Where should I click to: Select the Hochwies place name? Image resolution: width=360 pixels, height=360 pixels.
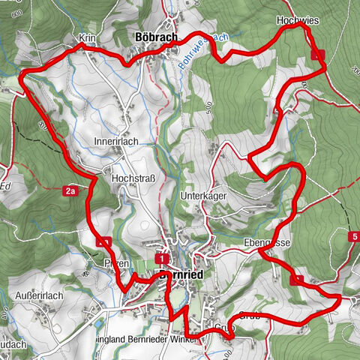coord(297,20)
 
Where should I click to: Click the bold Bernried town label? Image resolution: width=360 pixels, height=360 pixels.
coord(182,275)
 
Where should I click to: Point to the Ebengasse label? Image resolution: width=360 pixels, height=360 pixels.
coord(267,244)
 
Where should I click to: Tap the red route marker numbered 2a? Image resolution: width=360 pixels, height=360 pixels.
coord(70,191)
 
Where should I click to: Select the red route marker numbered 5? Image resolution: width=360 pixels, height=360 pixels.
coord(353,237)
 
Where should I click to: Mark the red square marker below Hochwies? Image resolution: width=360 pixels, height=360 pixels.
coord(318,54)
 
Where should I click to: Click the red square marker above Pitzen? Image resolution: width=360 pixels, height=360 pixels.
coord(103,241)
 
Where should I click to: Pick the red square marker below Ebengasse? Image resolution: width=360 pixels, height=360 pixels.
coord(296,280)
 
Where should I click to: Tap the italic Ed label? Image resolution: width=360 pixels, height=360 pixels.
coord(6,185)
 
